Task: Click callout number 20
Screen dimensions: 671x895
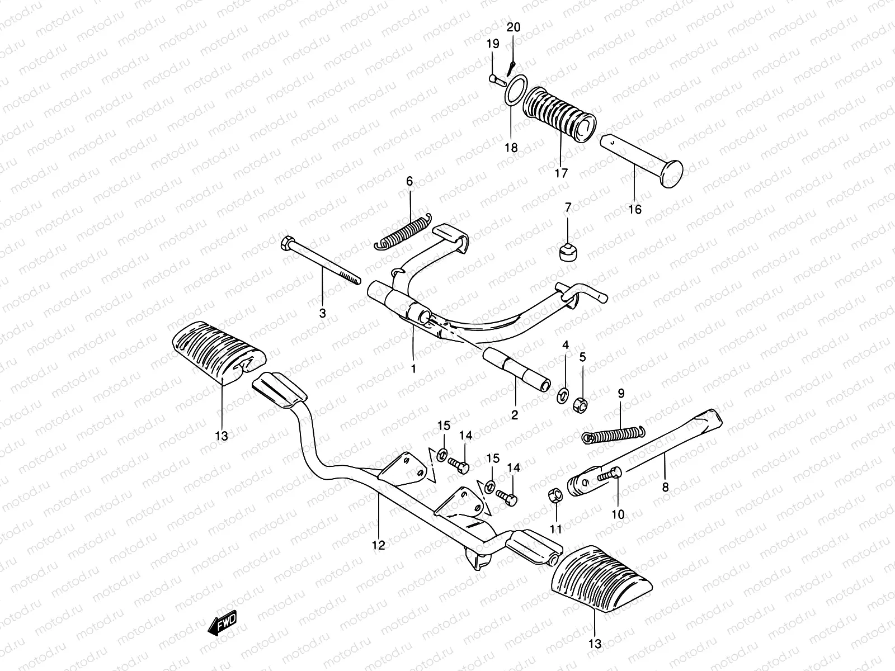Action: [514, 27]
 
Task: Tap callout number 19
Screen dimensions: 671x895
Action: [492, 44]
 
